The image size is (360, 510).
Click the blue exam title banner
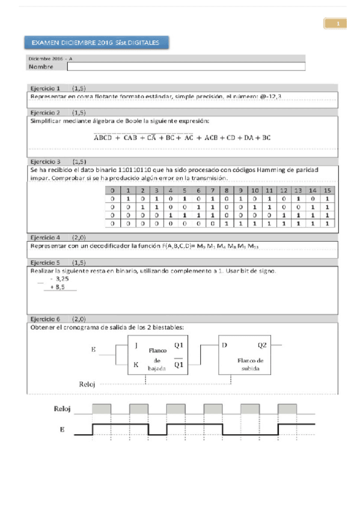tap(96, 43)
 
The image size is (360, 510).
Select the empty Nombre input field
tap(186, 67)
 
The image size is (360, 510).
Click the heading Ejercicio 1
tap(45, 88)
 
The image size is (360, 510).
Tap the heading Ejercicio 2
tap(45, 112)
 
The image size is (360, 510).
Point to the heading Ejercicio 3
tap(45, 162)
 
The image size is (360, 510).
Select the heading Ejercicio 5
tap(45, 263)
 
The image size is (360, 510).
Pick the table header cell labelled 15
tap(327, 191)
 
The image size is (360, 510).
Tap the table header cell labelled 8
tap(226, 191)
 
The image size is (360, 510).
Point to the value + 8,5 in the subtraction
tap(57, 288)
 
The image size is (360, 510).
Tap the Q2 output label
tap(262, 345)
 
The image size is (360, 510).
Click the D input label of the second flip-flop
tap(225, 345)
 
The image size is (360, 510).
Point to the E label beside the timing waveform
tap(62, 429)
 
